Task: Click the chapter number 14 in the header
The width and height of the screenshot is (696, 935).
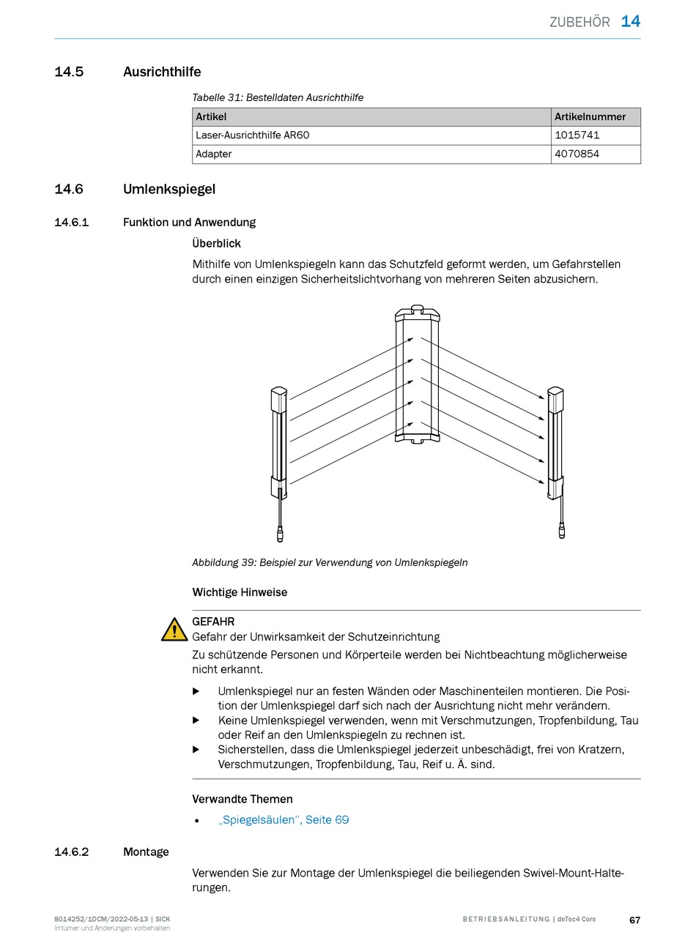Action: (630, 21)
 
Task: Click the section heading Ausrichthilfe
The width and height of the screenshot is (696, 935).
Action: (162, 72)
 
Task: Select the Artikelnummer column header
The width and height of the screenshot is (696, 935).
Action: (590, 116)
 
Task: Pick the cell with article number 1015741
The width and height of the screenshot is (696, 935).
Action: (577, 135)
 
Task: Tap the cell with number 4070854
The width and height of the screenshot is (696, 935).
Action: (577, 154)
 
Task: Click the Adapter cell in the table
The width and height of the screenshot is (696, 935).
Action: (214, 154)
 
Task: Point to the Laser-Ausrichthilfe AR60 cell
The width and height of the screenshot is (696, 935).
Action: (257, 135)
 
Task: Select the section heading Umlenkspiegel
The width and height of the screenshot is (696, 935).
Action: (169, 189)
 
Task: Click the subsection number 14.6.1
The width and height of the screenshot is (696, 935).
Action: (71, 223)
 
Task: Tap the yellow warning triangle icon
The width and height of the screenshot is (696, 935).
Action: (174, 630)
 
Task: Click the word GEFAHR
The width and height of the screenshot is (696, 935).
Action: (213, 622)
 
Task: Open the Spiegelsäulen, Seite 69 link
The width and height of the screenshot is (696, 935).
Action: (284, 820)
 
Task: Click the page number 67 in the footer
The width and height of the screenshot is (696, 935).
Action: (634, 920)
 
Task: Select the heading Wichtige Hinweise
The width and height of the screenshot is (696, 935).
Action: (240, 592)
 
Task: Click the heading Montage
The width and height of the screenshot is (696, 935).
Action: (146, 852)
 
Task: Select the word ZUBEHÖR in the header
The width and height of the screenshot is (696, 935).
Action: (580, 22)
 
